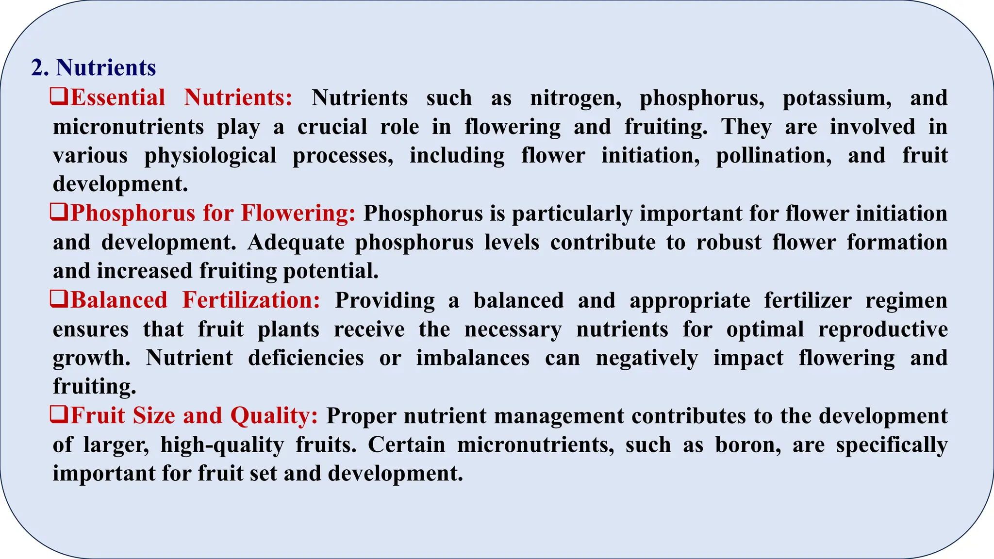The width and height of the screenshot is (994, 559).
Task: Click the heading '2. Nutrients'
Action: pyautogui.click(x=93, y=67)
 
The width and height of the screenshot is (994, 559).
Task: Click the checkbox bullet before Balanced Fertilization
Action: pyautogui.click(x=59, y=299)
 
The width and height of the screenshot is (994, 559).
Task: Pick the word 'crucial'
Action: pyautogui.click(x=332, y=127)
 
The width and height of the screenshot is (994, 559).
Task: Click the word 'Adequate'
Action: pyautogui.click(x=296, y=243)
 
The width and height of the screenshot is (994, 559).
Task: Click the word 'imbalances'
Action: pyautogui.click(x=473, y=359)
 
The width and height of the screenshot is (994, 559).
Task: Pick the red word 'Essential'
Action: pyautogui.click(x=118, y=98)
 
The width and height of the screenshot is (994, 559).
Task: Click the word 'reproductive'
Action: pyautogui.click(x=883, y=330)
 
